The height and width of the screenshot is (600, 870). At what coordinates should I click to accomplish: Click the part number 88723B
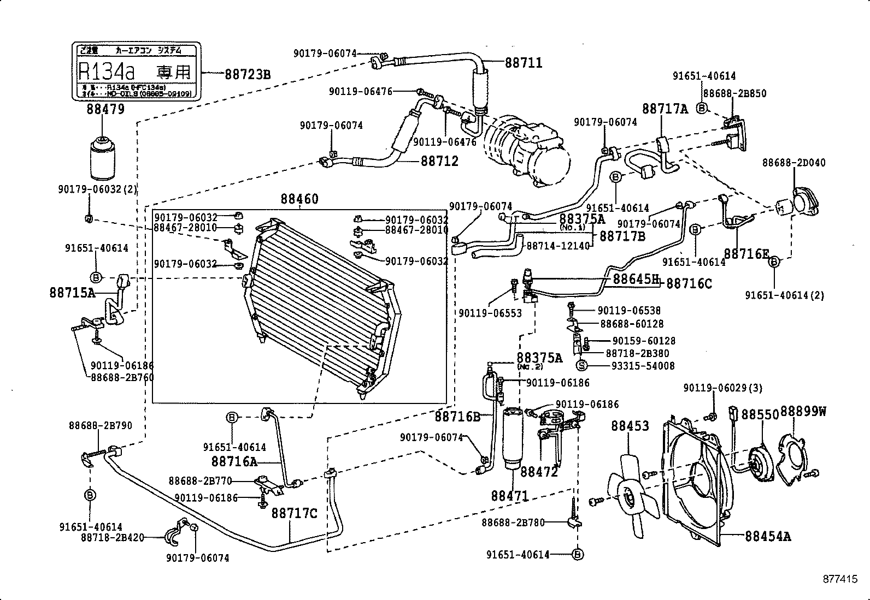point(248,74)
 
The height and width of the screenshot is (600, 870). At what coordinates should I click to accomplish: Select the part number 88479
point(105,109)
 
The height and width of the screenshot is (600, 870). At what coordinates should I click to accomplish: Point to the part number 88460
point(299,199)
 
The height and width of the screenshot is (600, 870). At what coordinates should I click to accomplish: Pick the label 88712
point(439,162)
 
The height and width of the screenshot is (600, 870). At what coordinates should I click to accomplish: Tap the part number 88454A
point(767,536)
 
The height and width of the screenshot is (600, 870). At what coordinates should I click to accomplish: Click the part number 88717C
point(294,514)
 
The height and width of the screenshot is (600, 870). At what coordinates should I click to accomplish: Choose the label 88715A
point(72,293)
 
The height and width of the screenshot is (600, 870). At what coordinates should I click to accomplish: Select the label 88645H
point(635,279)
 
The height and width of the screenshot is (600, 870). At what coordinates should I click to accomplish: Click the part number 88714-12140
point(558,246)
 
